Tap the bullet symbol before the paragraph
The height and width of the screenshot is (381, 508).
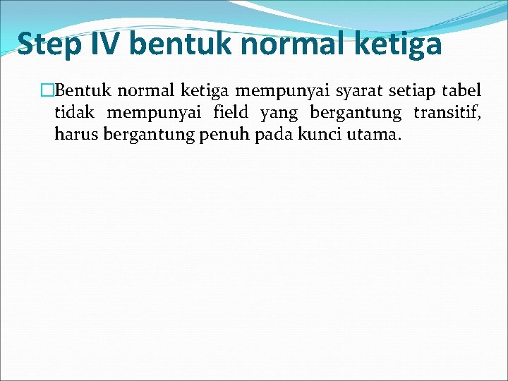point(48,91)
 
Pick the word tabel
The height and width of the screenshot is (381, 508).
point(463,91)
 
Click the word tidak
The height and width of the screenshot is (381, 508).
point(75,113)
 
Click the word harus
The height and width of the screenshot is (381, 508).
point(76,134)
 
